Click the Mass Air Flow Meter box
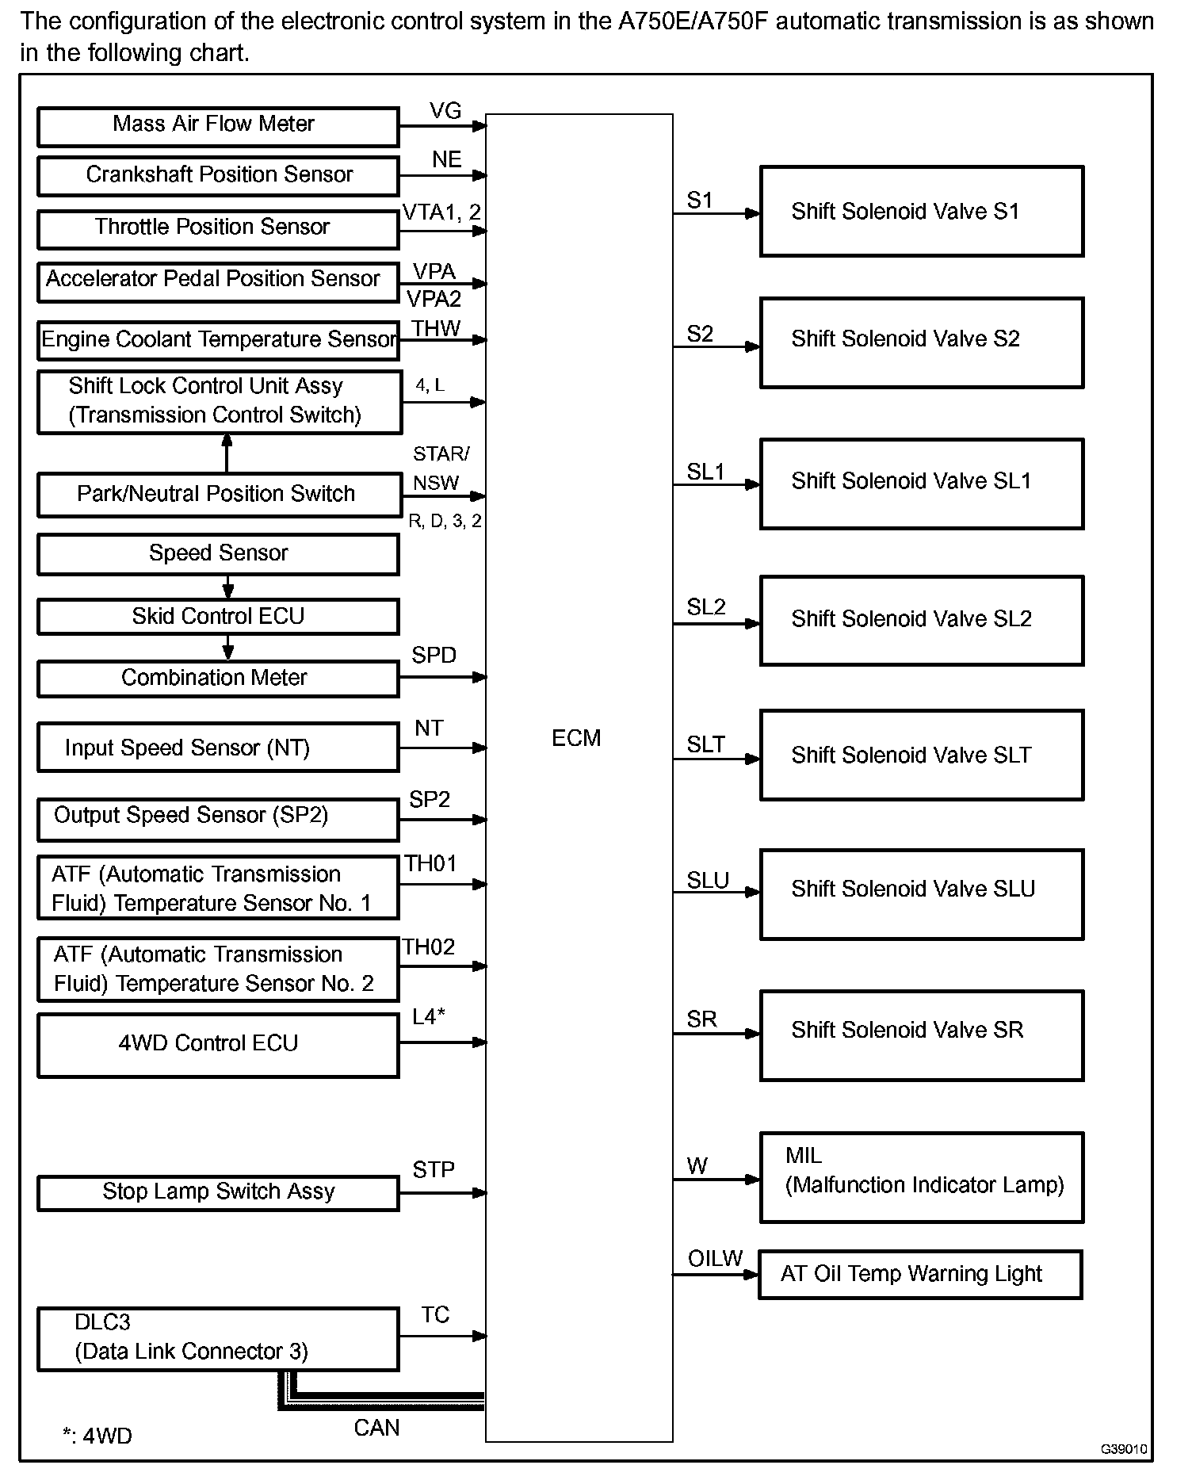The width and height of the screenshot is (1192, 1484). [x=218, y=127]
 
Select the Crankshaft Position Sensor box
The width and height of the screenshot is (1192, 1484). [x=218, y=176]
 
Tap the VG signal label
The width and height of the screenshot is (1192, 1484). [x=445, y=111]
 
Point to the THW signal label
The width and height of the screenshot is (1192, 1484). [x=436, y=328]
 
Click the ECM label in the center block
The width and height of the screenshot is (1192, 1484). [x=576, y=738]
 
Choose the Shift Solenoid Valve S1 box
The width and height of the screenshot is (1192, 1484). [x=921, y=212]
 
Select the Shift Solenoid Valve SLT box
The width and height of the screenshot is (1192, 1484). [x=921, y=755]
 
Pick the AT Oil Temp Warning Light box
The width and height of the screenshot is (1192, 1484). [x=919, y=1274]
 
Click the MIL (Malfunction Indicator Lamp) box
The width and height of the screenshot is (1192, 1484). [x=921, y=1177]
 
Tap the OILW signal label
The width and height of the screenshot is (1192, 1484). [x=715, y=1258]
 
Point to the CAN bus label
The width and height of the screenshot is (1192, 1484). [x=376, y=1428]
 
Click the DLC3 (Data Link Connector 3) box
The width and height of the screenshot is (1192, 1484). [x=218, y=1339]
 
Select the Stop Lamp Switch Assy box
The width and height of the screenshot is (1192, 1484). [x=218, y=1192]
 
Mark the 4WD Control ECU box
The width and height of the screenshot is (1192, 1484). [x=218, y=1044]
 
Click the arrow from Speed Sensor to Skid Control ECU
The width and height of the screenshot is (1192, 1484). [x=228, y=587]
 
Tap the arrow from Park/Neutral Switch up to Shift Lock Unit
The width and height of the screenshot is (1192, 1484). [x=227, y=453]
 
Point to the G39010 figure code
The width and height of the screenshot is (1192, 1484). [x=1123, y=1449]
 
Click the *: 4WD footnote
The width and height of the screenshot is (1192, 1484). [x=97, y=1436]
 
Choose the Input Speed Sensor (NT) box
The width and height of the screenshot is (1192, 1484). [x=218, y=748]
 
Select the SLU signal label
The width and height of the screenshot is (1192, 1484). [x=707, y=881]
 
